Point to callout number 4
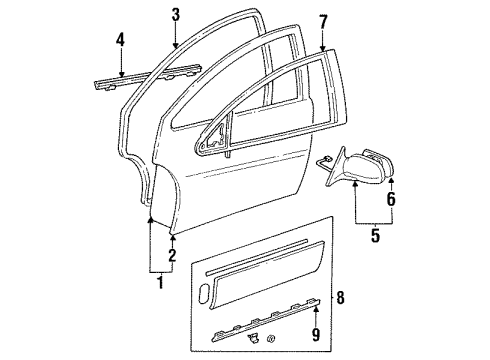pos(120,42)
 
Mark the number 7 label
pos(323,20)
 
